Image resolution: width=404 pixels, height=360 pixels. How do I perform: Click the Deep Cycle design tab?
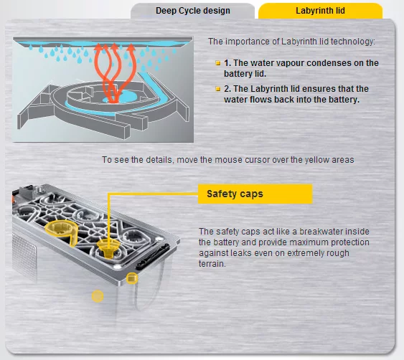[x=192, y=11]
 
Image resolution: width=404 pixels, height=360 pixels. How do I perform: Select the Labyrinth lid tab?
[x=320, y=11]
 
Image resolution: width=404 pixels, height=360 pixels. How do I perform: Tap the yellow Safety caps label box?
[x=255, y=194]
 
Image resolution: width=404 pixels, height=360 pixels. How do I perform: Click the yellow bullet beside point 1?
[x=218, y=63]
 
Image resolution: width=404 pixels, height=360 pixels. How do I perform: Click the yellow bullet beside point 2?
[x=218, y=89]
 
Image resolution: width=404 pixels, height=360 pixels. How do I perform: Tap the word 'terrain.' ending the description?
[x=212, y=264]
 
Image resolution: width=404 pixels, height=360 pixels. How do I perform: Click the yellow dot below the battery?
[x=98, y=296]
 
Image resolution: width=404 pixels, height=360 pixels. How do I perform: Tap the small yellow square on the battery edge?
[x=132, y=278]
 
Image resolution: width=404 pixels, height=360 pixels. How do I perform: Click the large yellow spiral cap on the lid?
[x=62, y=232]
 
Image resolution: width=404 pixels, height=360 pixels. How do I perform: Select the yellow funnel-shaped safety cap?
[x=108, y=247]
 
